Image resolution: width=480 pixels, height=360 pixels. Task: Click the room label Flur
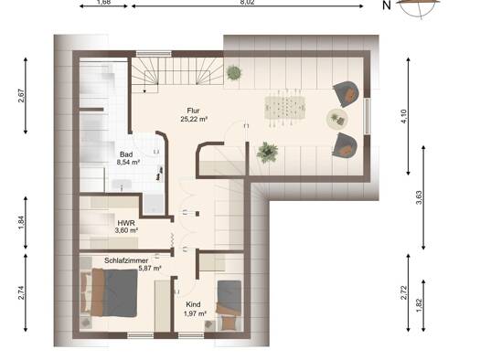point(193,111)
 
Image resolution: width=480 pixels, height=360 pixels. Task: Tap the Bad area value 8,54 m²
point(128,162)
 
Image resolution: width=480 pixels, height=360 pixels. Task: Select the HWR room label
point(126,223)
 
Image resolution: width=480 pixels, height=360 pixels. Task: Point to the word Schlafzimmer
point(126,260)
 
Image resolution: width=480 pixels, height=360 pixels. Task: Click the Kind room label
point(193,304)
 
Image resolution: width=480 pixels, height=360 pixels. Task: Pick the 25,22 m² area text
point(194,119)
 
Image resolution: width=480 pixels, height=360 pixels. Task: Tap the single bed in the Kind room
point(229,305)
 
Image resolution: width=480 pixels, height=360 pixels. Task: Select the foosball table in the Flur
point(285,107)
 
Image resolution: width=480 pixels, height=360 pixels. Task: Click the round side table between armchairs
point(337,119)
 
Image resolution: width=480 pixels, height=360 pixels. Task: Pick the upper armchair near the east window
point(347,93)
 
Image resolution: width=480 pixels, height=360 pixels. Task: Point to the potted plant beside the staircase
point(234,73)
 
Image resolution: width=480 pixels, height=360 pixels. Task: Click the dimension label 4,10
point(404,116)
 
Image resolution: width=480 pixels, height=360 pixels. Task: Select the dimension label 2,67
point(22,95)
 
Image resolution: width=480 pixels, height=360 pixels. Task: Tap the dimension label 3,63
point(419,197)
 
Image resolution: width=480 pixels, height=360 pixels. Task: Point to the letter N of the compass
point(387,5)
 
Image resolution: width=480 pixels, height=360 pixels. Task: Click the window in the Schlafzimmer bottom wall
point(140,335)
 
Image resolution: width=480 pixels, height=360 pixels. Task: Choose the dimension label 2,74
point(21,292)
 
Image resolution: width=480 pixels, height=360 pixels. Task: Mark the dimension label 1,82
point(419,305)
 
